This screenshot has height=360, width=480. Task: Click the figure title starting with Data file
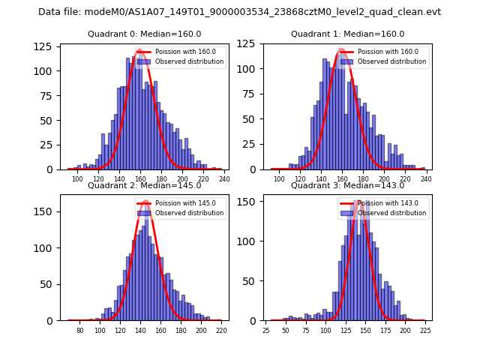[239, 12]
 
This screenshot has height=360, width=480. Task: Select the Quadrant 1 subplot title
[347, 34]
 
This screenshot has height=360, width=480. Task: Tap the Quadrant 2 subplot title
[144, 185]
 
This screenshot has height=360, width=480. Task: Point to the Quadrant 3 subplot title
[347, 185]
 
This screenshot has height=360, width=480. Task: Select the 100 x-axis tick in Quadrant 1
[279, 178]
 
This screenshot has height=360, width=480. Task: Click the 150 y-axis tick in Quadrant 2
[45, 211]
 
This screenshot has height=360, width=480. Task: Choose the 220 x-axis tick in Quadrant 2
[220, 330]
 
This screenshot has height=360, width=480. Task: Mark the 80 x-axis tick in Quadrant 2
[80, 330]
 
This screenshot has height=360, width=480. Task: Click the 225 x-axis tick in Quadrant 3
[424, 330]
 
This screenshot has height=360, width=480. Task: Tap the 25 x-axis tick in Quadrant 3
[266, 330]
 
